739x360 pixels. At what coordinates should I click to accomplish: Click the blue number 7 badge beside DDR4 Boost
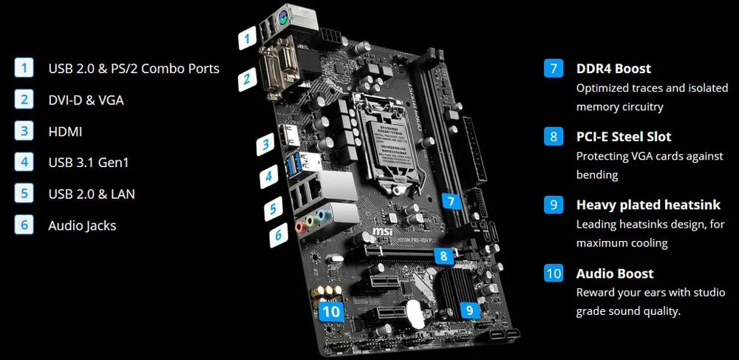coord(554,68)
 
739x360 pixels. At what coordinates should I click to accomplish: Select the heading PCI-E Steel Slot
coord(624,137)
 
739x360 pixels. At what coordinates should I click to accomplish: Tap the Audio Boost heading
coord(615,274)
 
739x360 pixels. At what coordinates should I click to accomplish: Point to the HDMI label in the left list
coord(65,132)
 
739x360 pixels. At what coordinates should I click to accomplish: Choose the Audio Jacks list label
coord(82,225)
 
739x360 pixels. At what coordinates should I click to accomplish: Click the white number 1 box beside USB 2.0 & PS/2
coord(24,68)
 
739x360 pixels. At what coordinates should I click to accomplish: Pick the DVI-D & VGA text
coord(86,100)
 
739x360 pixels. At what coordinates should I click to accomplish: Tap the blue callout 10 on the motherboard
coord(332,311)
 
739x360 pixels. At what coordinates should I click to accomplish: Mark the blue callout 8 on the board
coord(443,257)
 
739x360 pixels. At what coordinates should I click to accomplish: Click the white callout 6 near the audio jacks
coord(279,236)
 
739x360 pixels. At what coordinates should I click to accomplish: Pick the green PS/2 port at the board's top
coord(284,18)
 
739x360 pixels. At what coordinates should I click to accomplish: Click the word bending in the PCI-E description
coord(597,175)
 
